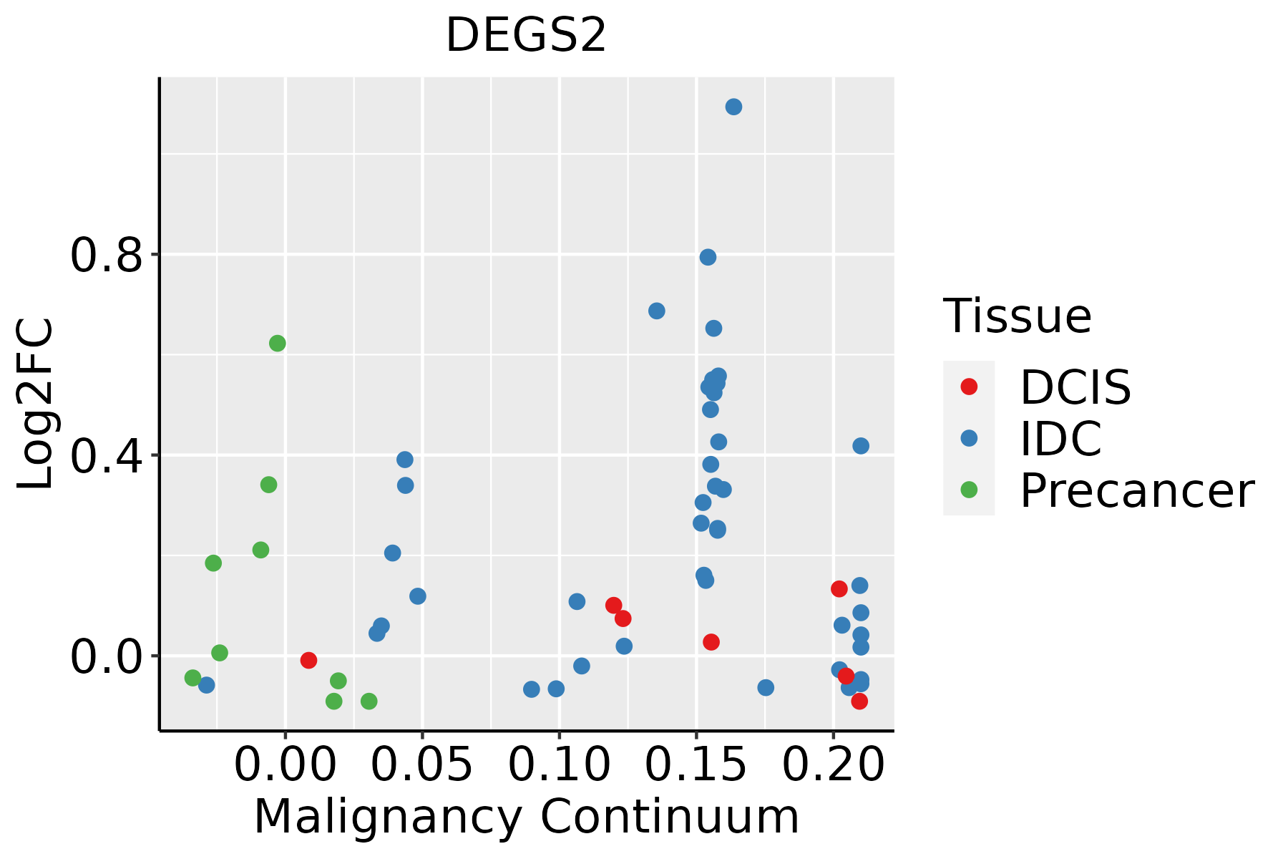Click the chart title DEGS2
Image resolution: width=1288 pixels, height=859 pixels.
tap(526, 36)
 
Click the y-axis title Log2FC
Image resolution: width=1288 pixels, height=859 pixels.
tap(36, 404)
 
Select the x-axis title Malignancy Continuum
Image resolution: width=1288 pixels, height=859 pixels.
tap(526, 817)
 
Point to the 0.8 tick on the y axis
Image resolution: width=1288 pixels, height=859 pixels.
tap(107, 256)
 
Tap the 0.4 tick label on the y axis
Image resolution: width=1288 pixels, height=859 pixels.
tap(107, 456)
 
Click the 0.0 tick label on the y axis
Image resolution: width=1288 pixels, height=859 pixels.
tap(107, 656)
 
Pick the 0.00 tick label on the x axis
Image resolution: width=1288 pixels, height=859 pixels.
tap(285, 766)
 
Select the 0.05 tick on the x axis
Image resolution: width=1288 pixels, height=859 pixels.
tap(422, 766)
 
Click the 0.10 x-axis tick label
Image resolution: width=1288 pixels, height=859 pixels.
tap(559, 766)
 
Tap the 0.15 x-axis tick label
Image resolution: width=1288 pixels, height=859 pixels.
tap(696, 766)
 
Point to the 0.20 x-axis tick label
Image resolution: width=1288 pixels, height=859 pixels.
tap(833, 766)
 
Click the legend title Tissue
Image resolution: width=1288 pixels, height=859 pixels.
tap(1017, 316)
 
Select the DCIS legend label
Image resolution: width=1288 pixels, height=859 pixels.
tap(1075, 387)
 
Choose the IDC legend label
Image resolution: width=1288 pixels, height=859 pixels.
tap(1060, 439)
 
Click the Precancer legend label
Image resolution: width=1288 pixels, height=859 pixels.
tap(1136, 490)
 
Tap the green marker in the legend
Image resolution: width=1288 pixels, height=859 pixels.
tap(969, 490)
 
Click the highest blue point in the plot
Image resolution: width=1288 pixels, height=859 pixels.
tap(733, 107)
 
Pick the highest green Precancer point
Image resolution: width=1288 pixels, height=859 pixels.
tap(278, 344)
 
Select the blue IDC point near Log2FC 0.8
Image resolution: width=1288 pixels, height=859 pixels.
tap(708, 257)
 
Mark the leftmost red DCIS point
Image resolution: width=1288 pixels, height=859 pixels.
tap(308, 660)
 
